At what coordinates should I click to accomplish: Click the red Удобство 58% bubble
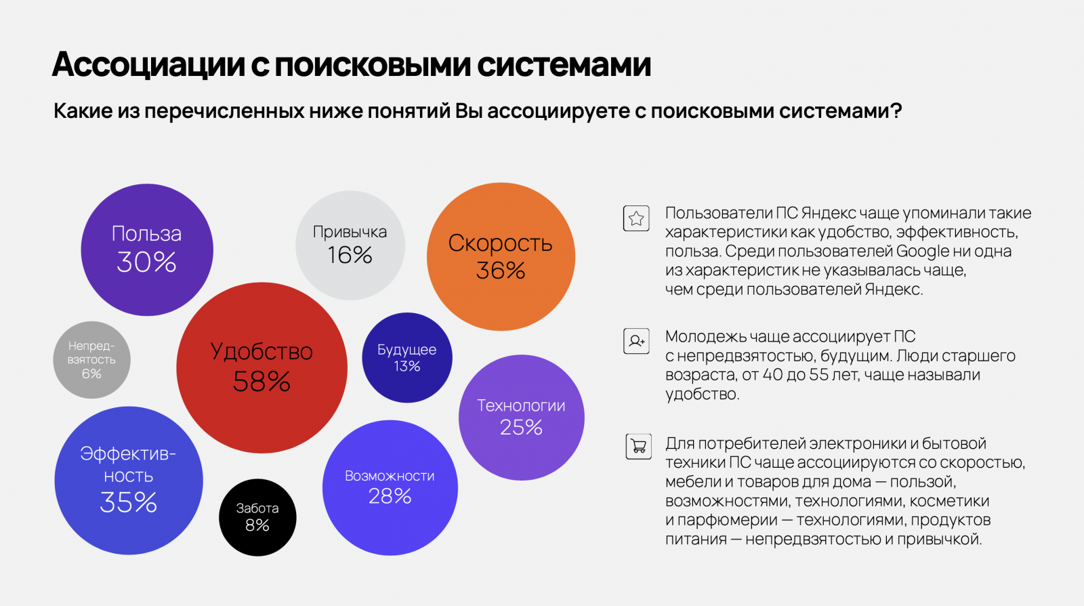click(262, 367)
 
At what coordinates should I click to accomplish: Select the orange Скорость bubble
click(501, 256)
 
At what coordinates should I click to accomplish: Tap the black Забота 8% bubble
click(257, 517)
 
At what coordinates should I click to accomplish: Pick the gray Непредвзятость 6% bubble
click(91, 360)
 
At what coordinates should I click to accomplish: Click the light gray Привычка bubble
click(350, 245)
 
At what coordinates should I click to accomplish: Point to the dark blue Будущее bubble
click(406, 357)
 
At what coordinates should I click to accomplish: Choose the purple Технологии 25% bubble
click(521, 417)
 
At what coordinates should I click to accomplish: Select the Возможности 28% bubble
click(390, 487)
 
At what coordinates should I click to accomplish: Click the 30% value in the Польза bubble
click(146, 262)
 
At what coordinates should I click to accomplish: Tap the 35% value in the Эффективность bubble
click(128, 502)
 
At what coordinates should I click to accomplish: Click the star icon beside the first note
click(636, 218)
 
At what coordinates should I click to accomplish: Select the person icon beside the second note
click(636, 340)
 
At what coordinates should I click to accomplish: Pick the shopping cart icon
click(638, 447)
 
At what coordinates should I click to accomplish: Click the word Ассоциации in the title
click(148, 64)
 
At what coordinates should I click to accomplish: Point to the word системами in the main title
click(564, 64)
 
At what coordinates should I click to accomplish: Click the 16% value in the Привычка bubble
click(350, 256)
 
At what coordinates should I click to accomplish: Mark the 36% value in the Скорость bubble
click(501, 271)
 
